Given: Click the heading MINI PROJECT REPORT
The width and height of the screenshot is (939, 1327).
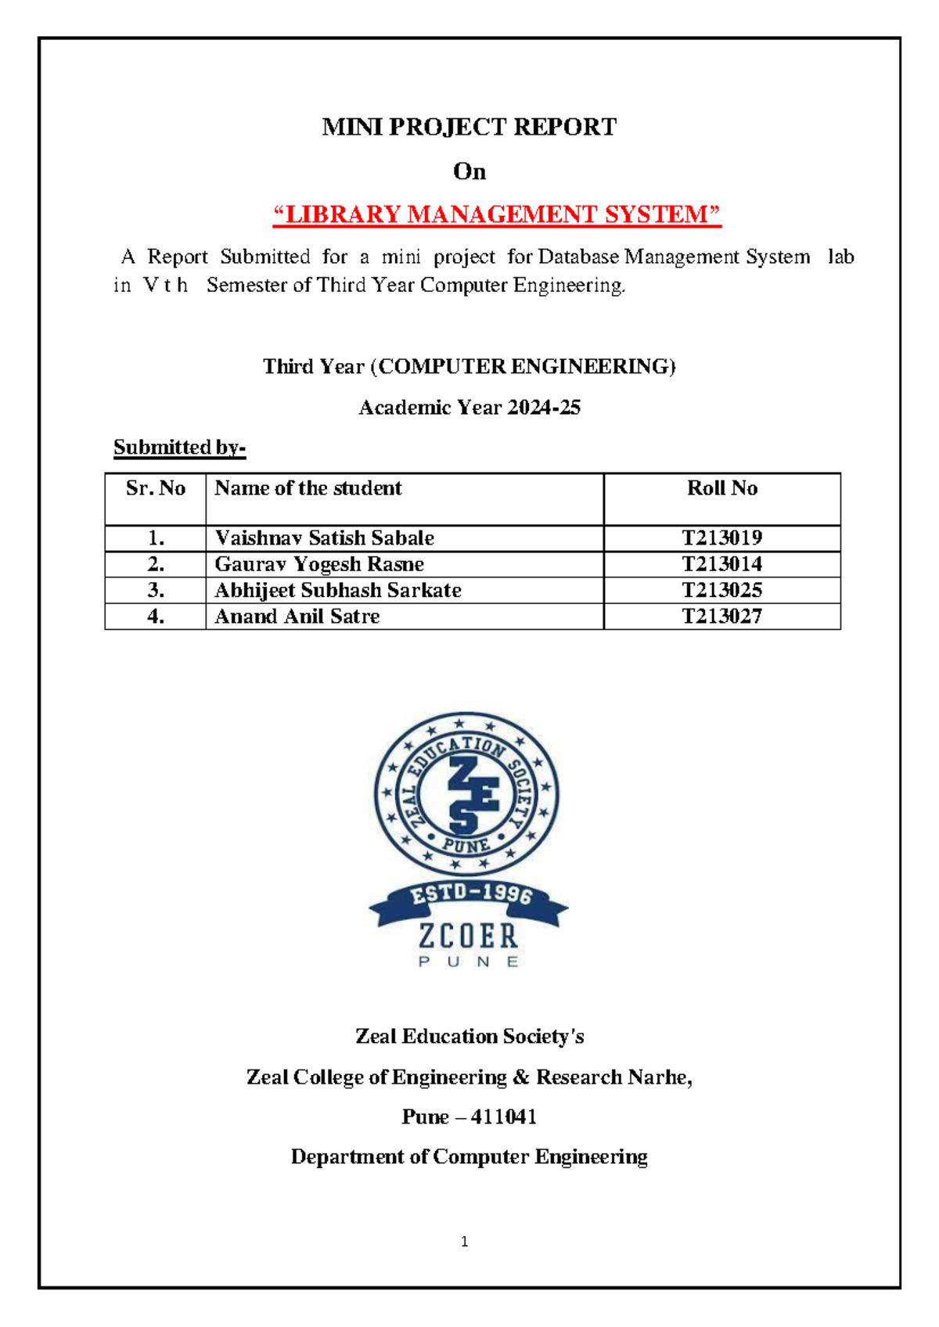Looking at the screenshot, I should [x=469, y=127].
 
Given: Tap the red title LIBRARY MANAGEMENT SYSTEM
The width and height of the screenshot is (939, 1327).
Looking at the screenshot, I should [x=496, y=214].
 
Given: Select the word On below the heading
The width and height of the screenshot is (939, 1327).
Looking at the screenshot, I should [x=469, y=171].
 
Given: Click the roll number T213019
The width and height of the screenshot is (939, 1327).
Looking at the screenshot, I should [x=721, y=538].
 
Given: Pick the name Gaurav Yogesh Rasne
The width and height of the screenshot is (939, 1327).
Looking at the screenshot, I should [x=319, y=564].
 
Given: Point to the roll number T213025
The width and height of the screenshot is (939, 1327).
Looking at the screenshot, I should [x=721, y=590].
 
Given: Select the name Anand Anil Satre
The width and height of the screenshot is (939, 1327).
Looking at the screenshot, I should [x=297, y=617].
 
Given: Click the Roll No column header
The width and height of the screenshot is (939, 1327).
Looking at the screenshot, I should [x=721, y=488].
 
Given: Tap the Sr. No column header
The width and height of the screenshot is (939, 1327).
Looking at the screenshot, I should [x=155, y=488].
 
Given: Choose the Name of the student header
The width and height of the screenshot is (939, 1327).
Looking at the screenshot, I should [x=308, y=488].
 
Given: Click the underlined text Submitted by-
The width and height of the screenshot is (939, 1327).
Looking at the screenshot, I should [x=179, y=448].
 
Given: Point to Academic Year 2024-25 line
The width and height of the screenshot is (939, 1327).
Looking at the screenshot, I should [x=469, y=408].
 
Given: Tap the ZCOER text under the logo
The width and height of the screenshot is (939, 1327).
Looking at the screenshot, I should [x=468, y=936].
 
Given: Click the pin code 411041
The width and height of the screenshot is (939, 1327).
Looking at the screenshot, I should [x=504, y=1117].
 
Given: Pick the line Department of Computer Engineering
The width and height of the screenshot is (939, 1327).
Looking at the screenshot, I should [x=469, y=1156].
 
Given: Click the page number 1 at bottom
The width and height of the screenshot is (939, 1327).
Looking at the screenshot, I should [x=465, y=1241].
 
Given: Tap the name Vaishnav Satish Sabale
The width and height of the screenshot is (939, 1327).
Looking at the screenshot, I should [x=324, y=538].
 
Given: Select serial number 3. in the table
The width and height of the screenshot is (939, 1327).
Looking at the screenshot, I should [x=155, y=590].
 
